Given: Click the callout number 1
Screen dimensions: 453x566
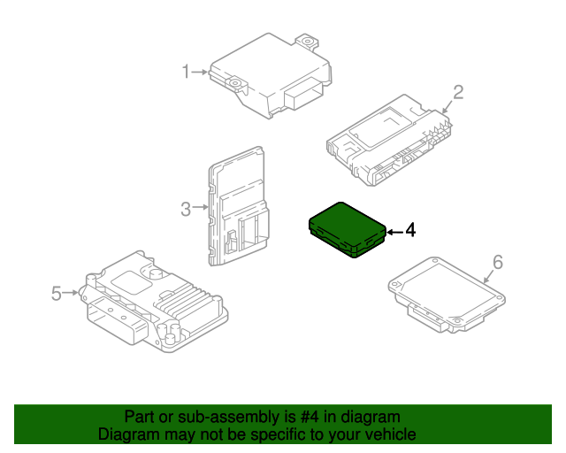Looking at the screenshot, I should [x=186, y=72].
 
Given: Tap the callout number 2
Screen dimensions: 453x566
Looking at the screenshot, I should [x=459, y=92].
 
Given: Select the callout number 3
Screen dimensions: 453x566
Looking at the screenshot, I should [x=186, y=209].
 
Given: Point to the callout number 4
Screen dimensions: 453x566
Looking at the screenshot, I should [x=409, y=231].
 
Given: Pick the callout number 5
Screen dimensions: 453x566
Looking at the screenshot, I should [x=57, y=293].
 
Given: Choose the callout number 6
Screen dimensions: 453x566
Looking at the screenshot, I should [x=497, y=262].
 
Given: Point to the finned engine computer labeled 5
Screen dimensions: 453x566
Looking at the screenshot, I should [x=155, y=301].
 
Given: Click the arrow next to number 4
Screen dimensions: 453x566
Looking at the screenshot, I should [x=394, y=231].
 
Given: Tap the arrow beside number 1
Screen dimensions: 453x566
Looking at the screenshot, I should [x=201, y=72].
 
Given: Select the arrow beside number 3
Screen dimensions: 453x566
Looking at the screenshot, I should [x=201, y=209].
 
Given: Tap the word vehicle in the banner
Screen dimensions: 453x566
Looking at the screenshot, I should [x=389, y=434].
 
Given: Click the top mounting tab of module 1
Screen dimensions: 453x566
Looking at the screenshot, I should [x=307, y=41].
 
